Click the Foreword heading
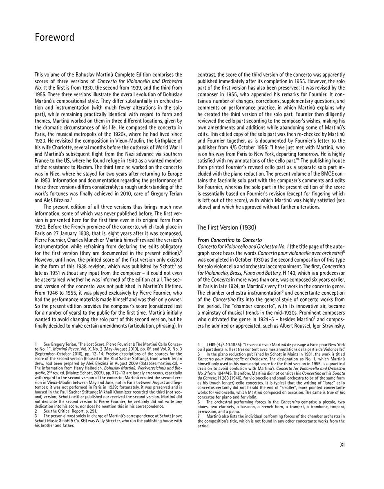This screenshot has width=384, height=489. tap(54, 38)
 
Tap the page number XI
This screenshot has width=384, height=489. tap(342, 445)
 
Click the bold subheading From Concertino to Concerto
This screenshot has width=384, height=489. tap(230, 240)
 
